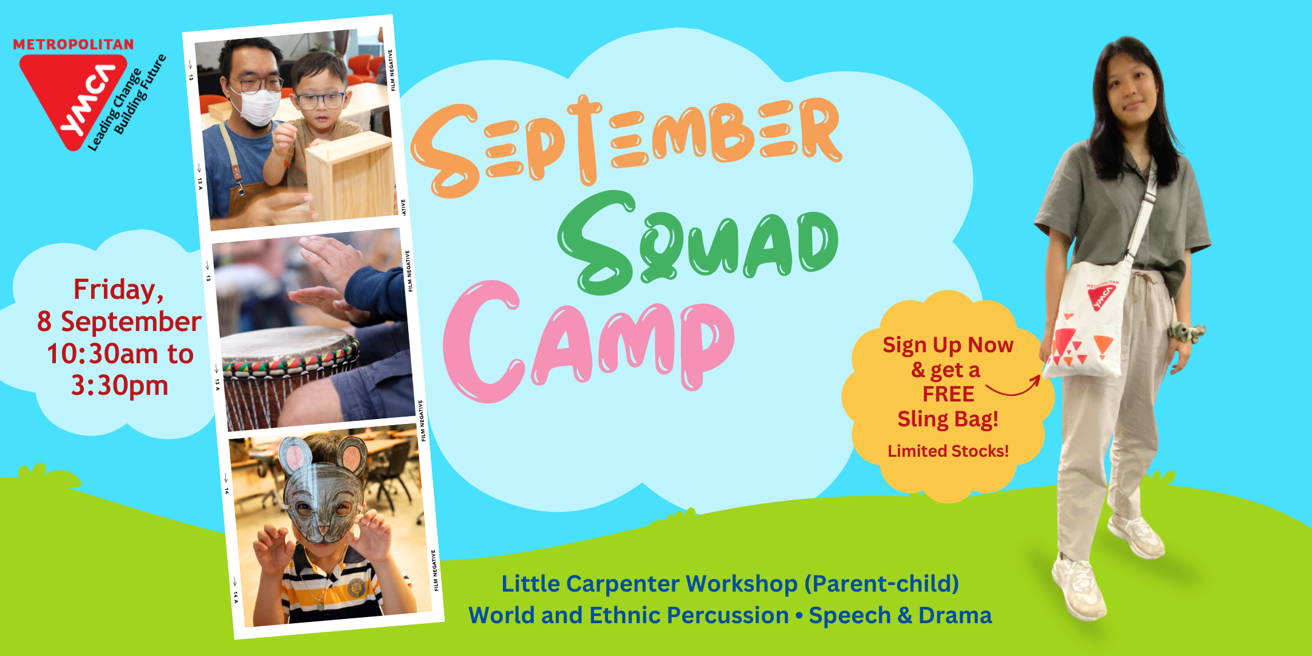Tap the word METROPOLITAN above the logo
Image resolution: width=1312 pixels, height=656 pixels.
coord(73,44)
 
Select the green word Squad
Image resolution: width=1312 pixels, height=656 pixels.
coord(699,243)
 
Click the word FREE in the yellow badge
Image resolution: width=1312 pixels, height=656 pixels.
coord(948,394)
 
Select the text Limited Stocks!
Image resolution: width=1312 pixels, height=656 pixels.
coord(948,451)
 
